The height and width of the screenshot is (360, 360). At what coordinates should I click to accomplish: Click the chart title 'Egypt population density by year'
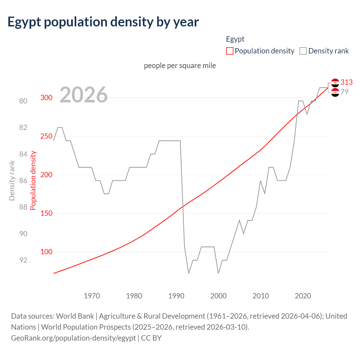103,22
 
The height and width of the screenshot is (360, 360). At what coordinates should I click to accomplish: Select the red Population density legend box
229,51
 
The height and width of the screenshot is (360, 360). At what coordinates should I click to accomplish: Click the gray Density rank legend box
303,51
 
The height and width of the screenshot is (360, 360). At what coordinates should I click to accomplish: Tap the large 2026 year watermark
84,95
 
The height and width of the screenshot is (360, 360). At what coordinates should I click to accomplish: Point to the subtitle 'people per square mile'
180,66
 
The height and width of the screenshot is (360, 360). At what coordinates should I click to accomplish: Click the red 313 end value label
346,82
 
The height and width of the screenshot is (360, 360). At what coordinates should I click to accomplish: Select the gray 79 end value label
345,92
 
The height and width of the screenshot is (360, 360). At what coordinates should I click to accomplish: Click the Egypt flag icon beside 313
335,83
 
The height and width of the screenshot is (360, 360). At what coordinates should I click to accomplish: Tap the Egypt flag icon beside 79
335,92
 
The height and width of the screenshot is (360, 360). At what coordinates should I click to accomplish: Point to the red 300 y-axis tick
46,98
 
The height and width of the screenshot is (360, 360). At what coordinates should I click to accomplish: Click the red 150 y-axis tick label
46,213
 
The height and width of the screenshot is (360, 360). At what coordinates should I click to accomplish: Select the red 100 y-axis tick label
46,252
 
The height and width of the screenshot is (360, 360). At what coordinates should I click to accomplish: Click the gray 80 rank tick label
23,101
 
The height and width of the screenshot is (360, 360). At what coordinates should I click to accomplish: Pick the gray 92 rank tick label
23,260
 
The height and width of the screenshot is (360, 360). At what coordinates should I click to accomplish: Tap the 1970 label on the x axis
92,296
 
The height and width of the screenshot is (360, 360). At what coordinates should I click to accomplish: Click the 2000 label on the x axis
219,296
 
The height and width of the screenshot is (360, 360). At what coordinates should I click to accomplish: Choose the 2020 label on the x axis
303,296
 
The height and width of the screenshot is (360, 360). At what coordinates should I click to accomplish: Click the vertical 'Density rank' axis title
12,180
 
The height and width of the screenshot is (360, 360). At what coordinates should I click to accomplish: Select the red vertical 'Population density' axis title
33,180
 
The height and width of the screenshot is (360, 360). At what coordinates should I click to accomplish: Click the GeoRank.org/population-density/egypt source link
73,338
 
